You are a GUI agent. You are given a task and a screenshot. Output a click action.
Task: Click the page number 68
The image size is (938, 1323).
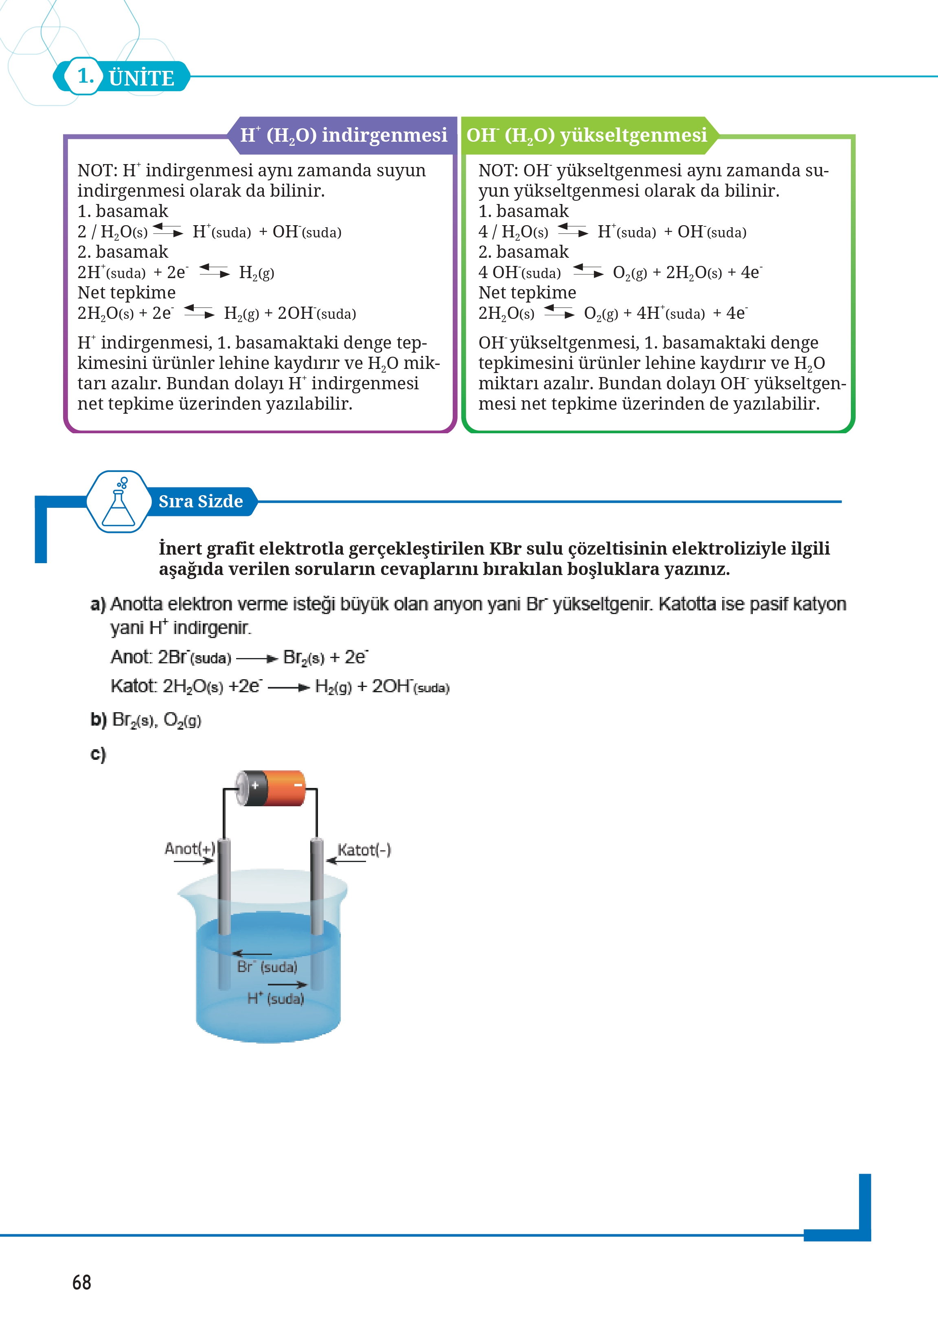[81, 1282]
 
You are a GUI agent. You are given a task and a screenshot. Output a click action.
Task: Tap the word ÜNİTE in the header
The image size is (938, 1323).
[142, 78]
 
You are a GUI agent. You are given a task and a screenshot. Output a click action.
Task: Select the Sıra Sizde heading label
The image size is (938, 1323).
[200, 501]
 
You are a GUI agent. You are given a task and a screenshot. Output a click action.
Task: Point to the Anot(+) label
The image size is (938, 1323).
[189, 848]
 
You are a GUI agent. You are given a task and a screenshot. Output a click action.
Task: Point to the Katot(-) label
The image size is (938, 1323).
[364, 850]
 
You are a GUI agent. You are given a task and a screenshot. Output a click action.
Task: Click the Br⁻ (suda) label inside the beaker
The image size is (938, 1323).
[267, 967]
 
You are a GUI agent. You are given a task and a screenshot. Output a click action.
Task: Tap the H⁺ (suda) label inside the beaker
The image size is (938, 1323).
[276, 998]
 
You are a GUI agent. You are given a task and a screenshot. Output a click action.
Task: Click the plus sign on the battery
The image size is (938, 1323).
[255, 785]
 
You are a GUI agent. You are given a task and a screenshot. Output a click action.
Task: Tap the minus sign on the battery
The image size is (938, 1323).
[298, 785]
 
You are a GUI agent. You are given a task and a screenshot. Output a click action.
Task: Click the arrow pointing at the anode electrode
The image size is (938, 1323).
[193, 861]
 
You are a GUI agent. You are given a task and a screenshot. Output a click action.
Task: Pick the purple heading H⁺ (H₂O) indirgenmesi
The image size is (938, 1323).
[344, 135]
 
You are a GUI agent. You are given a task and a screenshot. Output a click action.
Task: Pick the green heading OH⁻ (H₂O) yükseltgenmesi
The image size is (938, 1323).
[587, 135]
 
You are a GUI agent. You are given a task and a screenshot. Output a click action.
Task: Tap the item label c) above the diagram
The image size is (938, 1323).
[98, 755]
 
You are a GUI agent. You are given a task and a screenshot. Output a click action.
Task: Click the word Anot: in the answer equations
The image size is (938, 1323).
[131, 657]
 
